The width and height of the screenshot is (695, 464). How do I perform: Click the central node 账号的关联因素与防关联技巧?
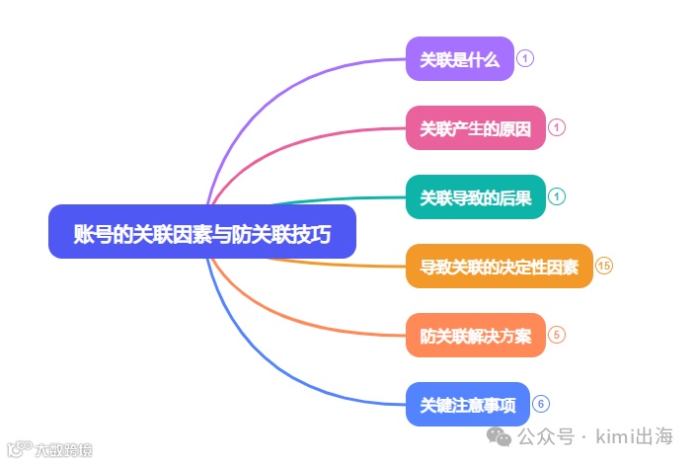click(201, 232)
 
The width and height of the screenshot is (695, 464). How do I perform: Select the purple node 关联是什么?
click(460, 58)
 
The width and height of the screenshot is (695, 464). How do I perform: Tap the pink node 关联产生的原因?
click(476, 127)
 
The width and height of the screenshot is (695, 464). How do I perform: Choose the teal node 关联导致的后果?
click(476, 196)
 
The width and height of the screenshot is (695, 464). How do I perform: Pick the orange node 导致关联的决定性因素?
click(500, 266)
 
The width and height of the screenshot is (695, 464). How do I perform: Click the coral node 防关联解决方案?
click(476, 335)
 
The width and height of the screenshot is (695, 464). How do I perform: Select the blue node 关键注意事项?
click(468, 404)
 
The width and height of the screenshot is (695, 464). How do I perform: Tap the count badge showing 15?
click(605, 266)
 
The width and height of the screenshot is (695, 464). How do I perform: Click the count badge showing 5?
click(557, 335)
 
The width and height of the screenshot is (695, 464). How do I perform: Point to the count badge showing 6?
click(541, 404)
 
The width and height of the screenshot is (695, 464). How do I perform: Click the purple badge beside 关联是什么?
click(525, 58)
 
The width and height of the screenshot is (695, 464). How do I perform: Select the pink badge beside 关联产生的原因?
click(557, 127)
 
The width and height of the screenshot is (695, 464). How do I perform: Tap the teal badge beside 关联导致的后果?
click(557, 196)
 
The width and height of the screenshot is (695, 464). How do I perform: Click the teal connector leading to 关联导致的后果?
click(326, 199)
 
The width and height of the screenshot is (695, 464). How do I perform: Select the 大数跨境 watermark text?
click(63, 450)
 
